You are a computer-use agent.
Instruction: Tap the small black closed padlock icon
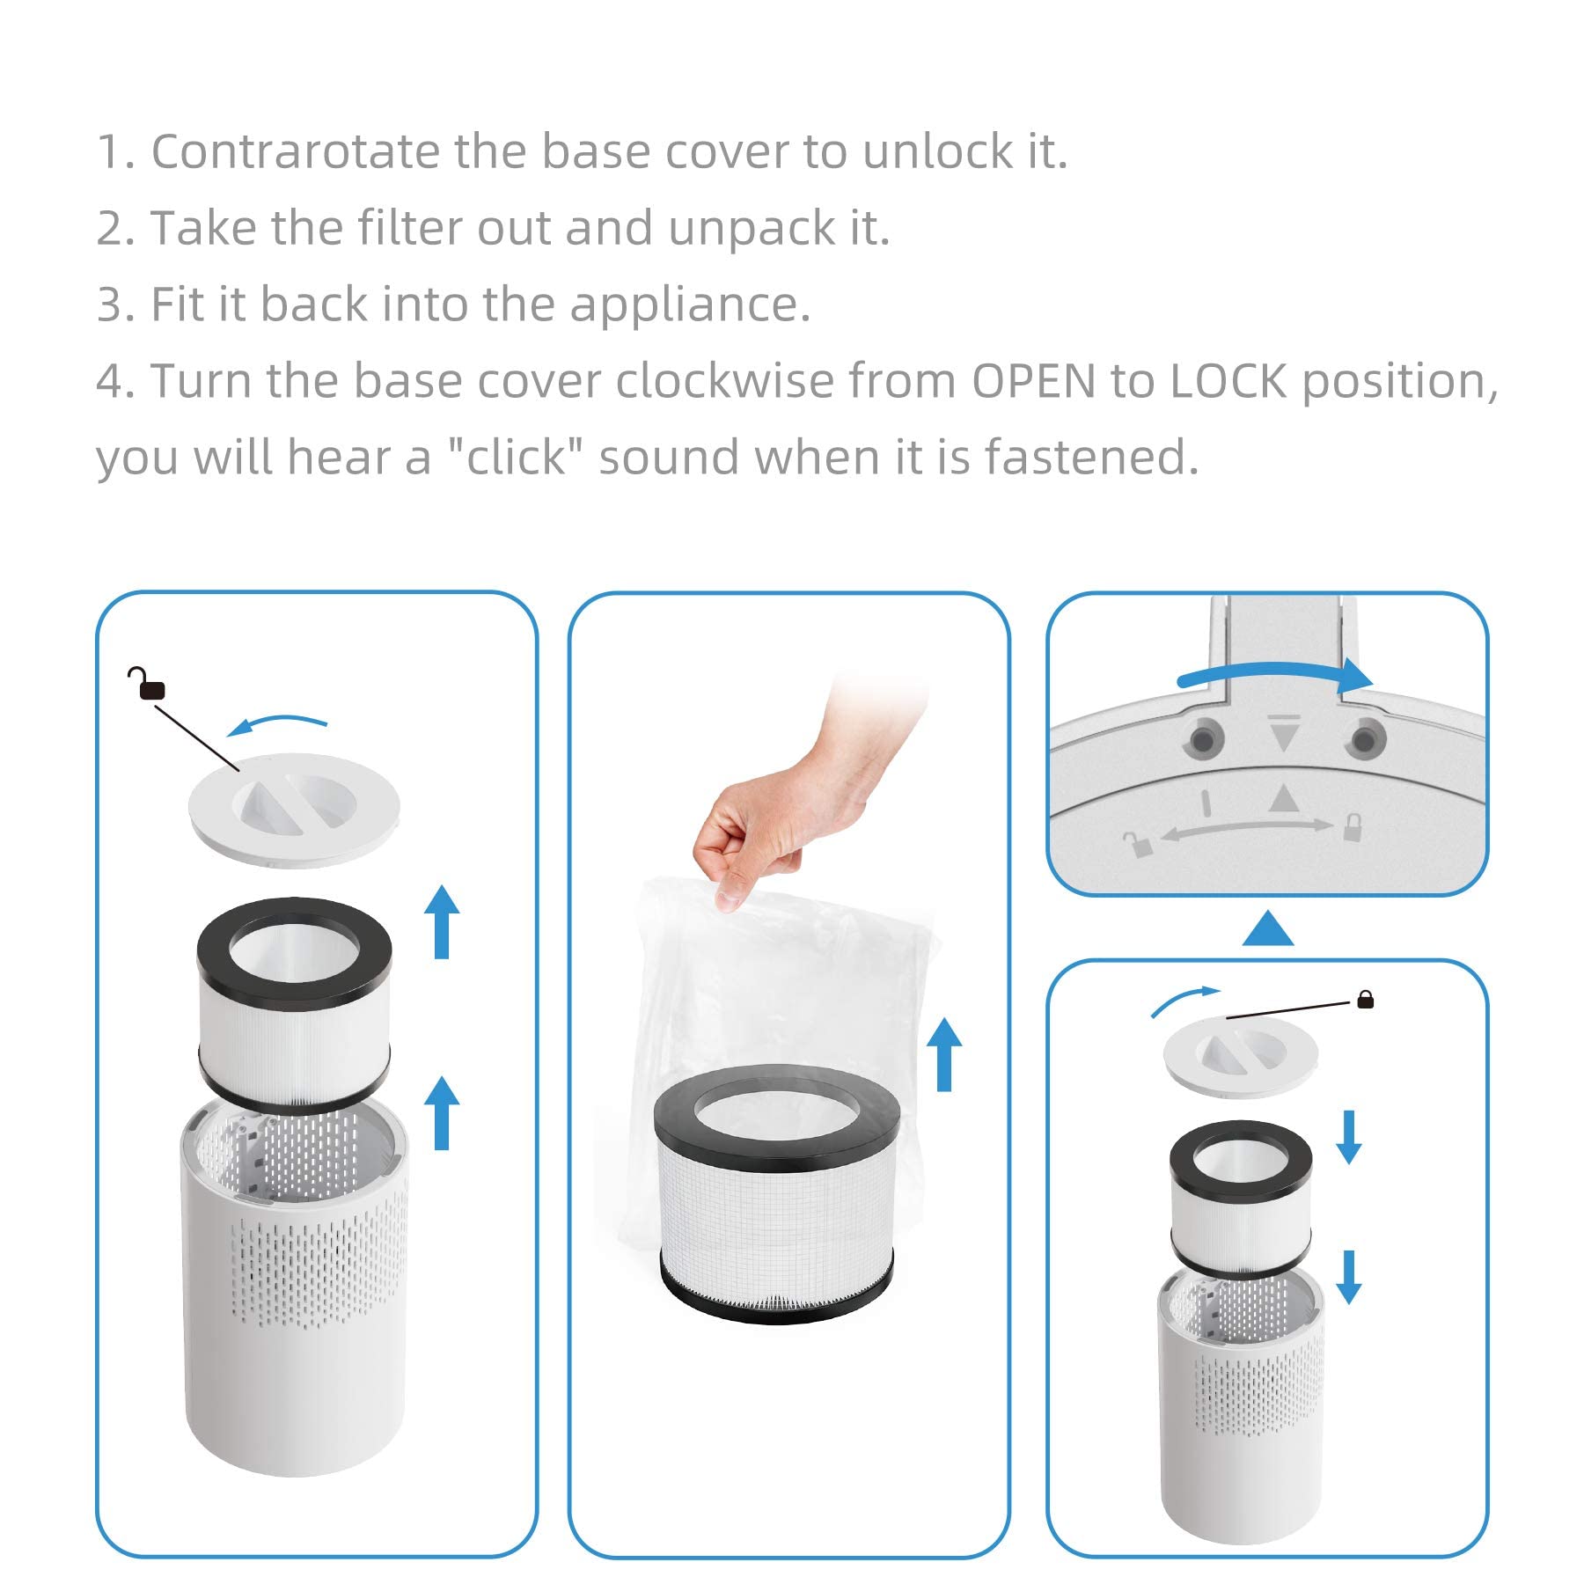tap(1365, 999)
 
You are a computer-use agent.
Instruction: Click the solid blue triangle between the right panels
tap(1267, 930)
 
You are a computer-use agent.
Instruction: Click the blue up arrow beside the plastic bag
tap(944, 1054)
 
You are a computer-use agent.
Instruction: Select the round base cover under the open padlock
tap(294, 809)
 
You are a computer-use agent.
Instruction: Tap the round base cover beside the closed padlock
tap(1241, 1056)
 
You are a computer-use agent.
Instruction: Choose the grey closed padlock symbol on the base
tap(1353, 827)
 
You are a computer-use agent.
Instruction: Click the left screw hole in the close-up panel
tap(1203, 738)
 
